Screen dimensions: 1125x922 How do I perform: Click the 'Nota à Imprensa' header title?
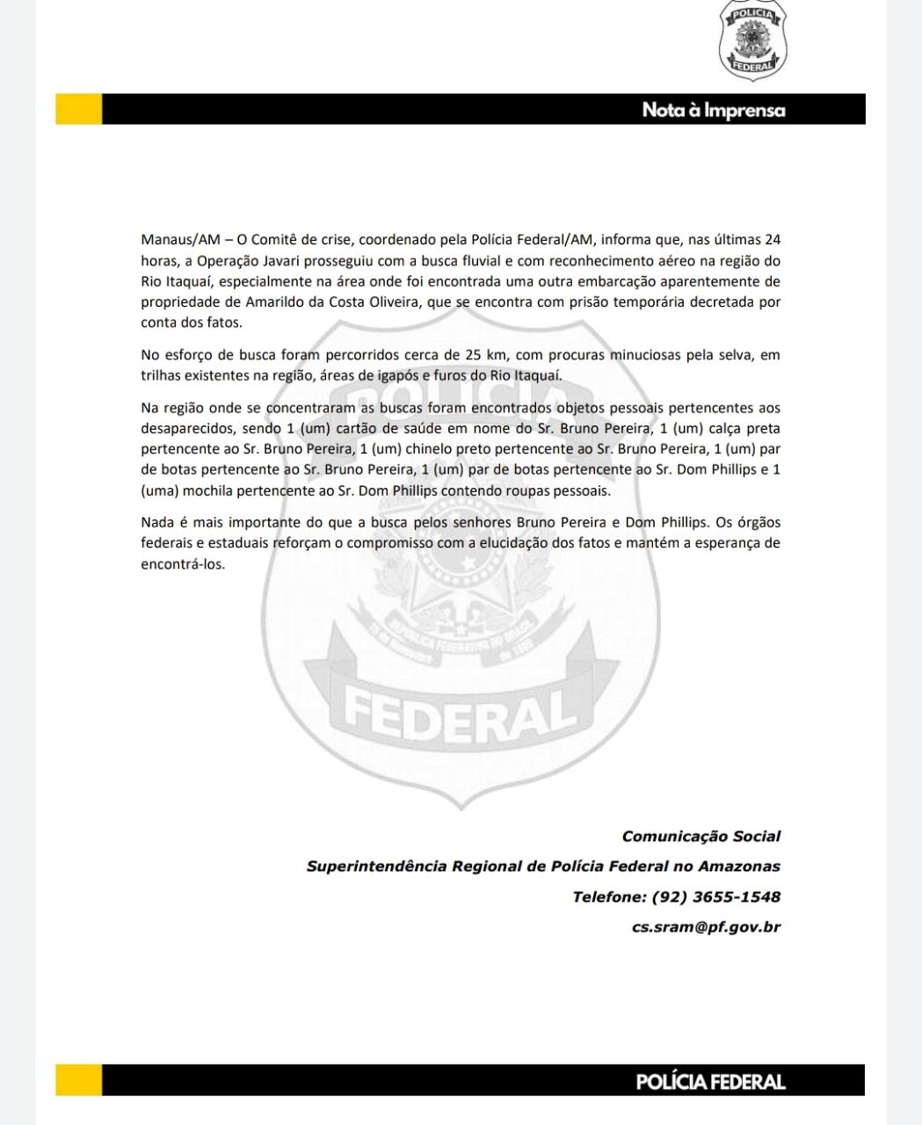(x=713, y=110)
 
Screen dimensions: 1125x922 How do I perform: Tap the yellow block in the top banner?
(x=78, y=109)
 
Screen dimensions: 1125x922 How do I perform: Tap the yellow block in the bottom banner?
(x=78, y=1080)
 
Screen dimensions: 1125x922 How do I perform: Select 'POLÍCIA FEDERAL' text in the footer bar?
(x=710, y=1082)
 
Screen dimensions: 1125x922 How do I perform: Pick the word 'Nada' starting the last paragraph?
(x=157, y=522)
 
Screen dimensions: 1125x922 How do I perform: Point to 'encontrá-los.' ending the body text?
(x=183, y=564)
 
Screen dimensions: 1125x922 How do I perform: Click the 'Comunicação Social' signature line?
(x=701, y=837)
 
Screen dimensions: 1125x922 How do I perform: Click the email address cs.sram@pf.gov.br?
(x=706, y=927)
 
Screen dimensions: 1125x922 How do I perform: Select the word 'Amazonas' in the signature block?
(x=739, y=867)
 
